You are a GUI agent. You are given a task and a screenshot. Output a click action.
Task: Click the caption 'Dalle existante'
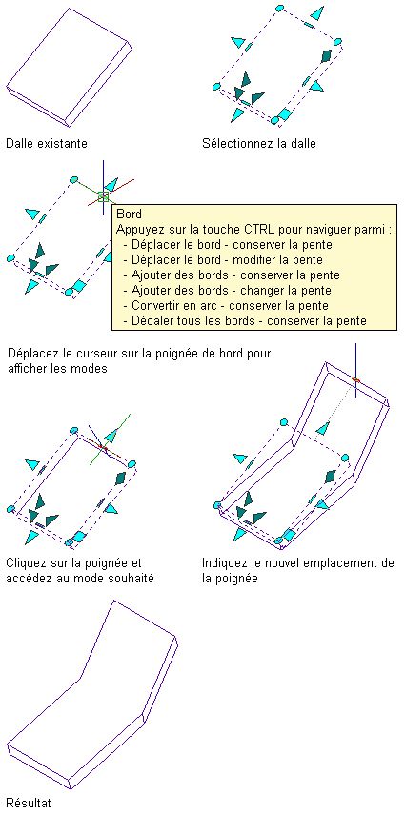47,143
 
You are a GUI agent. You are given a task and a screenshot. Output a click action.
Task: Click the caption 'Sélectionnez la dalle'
259,143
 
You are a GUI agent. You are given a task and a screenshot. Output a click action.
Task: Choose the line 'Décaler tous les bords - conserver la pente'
245,320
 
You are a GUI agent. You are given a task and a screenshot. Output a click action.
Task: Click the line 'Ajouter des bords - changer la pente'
232,291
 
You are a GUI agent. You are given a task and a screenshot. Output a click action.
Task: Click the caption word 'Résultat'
30,802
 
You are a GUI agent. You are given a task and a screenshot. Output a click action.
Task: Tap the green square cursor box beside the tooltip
103,196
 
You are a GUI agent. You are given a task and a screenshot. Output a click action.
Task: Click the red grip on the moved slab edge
355,380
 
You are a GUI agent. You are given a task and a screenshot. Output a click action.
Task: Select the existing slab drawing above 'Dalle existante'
68,68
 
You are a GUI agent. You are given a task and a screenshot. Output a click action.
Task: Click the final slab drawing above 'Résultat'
92,695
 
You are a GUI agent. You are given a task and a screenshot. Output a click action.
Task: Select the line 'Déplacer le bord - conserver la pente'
232,245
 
